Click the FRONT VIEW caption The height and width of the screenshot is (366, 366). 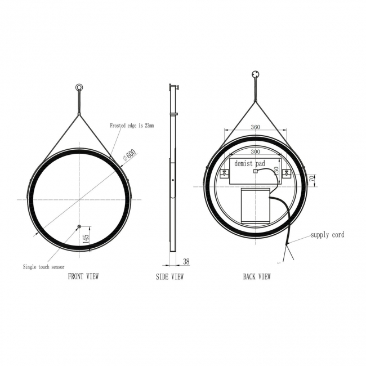[x=83, y=276]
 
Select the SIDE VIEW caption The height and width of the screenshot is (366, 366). [x=169, y=276]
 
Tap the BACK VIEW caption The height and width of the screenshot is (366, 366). [x=257, y=276]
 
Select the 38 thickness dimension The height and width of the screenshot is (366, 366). [x=186, y=261]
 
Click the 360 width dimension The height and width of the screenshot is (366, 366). [x=255, y=127]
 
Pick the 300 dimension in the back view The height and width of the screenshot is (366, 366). [x=255, y=152]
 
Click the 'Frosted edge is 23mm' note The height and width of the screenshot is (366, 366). [x=131, y=126]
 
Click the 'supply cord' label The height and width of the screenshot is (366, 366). [x=327, y=235]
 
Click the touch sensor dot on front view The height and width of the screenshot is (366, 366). [x=78, y=227]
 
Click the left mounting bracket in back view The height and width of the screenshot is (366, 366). [x=224, y=173]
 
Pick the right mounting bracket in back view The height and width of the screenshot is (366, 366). [x=287, y=173]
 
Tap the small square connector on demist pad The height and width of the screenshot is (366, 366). [x=255, y=171]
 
